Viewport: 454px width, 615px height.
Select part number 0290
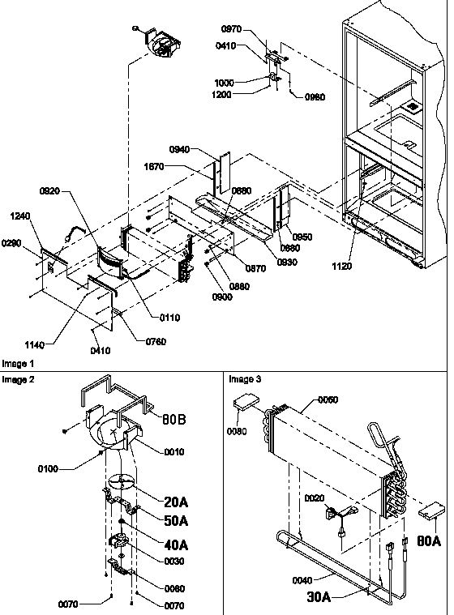pyautogui.click(x=12, y=242)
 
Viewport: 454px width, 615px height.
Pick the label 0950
pyautogui.click(x=302, y=237)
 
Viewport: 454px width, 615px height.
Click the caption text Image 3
pyautogui.click(x=244, y=378)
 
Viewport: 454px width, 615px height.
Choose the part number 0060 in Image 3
pyautogui.click(x=328, y=400)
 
